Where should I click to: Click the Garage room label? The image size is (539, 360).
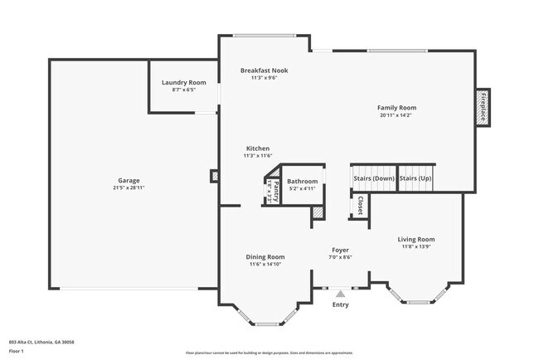click(129, 181)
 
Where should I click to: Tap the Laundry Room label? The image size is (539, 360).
click(184, 82)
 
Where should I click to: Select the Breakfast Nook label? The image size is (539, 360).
click(264, 71)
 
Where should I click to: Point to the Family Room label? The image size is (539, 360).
click(396, 108)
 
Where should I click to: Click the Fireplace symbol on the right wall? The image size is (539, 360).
click(481, 107)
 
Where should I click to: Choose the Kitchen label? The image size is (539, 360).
click(257, 148)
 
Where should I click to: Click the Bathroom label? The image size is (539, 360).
click(303, 182)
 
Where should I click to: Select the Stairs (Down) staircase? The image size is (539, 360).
click(373, 178)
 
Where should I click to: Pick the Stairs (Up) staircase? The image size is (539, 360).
click(415, 178)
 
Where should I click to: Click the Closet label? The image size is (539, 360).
click(360, 205)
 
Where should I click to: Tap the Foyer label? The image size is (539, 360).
click(340, 250)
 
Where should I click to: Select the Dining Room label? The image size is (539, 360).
click(265, 257)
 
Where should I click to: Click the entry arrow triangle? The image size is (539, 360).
click(340, 293)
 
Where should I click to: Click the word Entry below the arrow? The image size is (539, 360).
click(340, 304)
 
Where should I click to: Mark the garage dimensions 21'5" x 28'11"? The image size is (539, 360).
click(129, 188)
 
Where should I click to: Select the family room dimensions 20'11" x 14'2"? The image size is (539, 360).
click(396, 115)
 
